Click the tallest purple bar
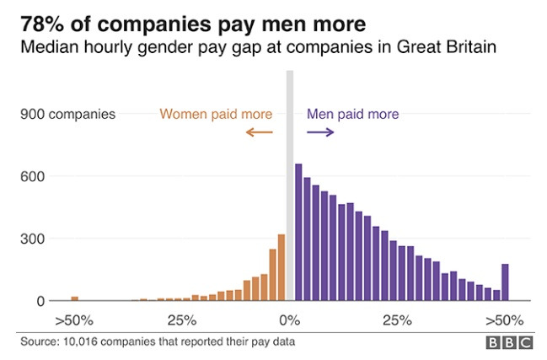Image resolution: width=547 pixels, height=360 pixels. point(298,232)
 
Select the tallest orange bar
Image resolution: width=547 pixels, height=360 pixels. point(282,267)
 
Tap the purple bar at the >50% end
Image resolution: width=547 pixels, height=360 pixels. point(505,282)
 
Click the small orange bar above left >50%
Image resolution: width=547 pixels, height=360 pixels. point(74,298)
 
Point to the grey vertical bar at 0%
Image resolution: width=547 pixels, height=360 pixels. point(290,185)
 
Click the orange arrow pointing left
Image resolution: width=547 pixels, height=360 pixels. point(260,132)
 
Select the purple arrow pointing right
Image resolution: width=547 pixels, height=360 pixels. point(320,132)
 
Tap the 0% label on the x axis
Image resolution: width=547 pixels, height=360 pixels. point(290,320)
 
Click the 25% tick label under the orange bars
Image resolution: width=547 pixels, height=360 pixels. point(182,320)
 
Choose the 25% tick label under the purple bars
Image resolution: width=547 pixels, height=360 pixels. point(397,320)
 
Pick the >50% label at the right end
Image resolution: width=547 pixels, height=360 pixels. point(504,320)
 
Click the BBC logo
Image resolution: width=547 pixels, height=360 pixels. point(508,342)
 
